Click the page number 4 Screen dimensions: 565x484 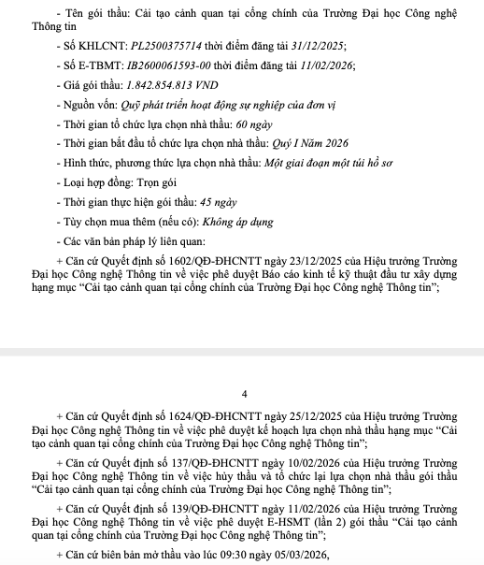pos(245,393)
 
